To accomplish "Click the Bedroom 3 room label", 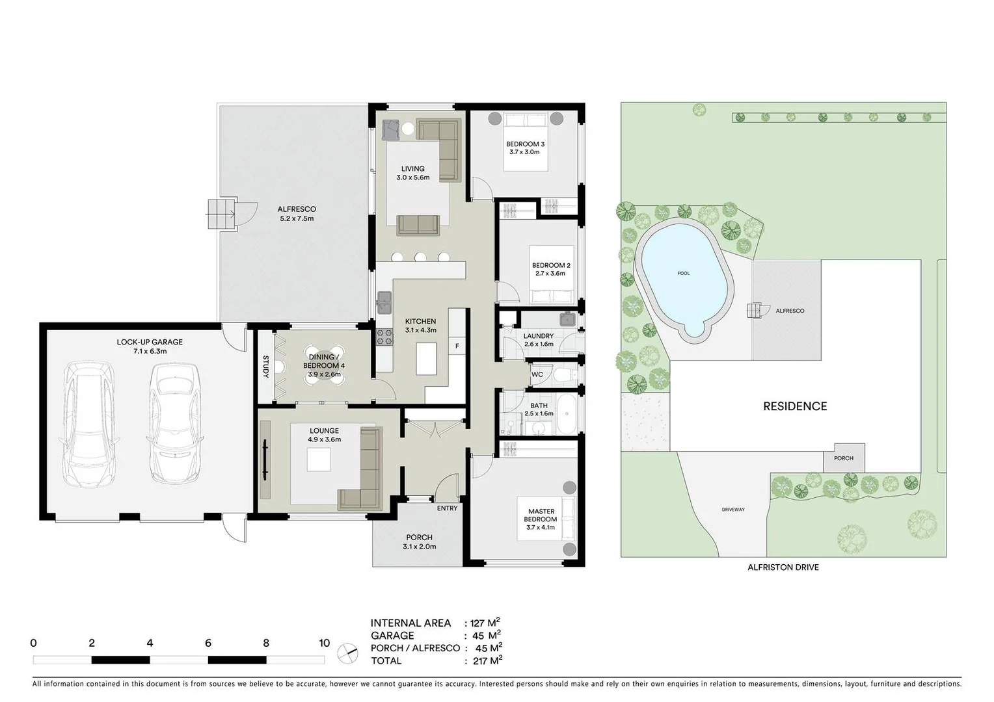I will point(525,144).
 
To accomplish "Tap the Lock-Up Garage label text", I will point(150,342).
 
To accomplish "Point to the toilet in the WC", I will point(564,375).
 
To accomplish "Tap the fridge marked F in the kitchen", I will point(457,346).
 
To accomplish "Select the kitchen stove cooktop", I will point(384,337).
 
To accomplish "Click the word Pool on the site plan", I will point(683,273).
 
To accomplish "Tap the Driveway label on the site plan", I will point(733,510).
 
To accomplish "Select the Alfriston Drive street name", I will point(783,567).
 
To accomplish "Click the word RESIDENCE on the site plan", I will point(795,406).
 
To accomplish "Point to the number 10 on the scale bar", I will point(324,643).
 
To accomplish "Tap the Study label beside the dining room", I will point(265,367).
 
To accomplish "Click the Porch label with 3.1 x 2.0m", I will point(419,542).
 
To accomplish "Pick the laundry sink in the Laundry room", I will point(567,318).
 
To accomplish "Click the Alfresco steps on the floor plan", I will point(219,214).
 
